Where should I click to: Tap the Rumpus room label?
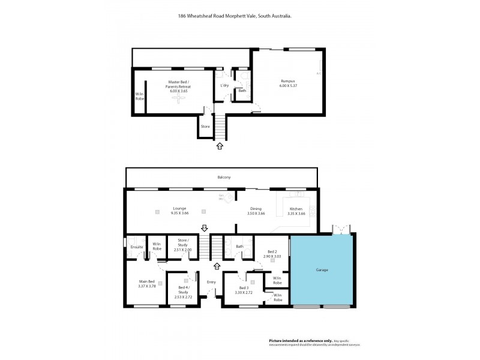[288, 82]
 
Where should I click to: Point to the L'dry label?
[224, 85]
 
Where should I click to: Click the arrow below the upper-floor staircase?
[220, 145]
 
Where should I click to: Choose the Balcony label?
[224, 178]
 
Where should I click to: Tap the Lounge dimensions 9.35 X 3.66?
[179, 213]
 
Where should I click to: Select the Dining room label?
[256, 208]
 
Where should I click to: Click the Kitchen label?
[296, 208]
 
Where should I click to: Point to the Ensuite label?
[136, 247]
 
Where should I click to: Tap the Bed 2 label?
[272, 251]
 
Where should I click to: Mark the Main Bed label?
[147, 281]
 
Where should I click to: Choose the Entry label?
[211, 282]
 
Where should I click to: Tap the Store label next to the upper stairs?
[205, 127]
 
